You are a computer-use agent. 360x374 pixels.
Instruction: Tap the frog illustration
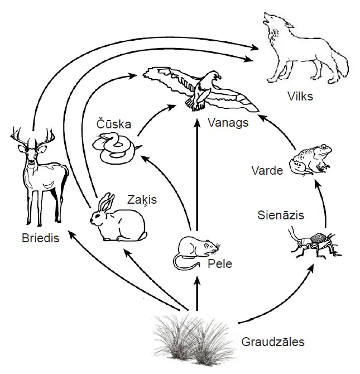click(x=311, y=159)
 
